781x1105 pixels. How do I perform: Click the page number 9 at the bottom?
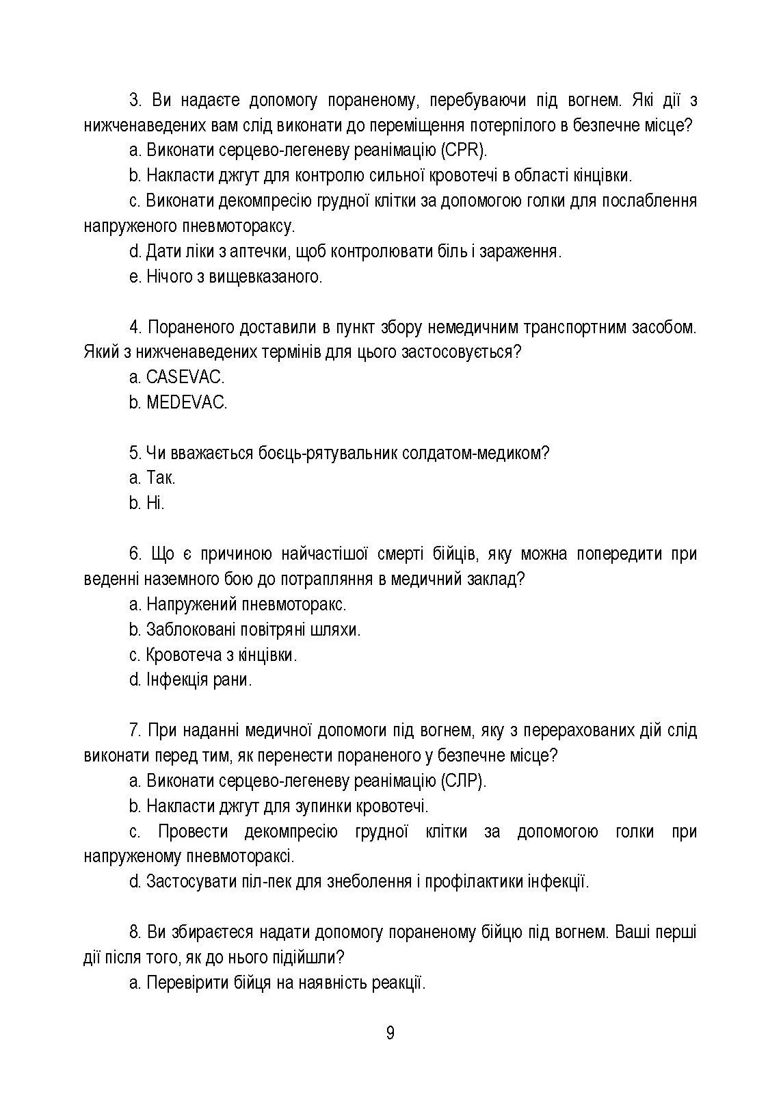coord(390,1033)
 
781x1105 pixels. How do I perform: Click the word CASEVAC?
coord(185,377)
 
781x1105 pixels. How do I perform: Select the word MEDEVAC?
coord(187,402)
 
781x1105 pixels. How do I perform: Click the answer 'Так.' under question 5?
coord(161,478)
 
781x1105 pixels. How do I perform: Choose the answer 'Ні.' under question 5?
coord(155,503)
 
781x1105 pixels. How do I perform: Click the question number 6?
coord(135,554)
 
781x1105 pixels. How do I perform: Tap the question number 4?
coord(135,327)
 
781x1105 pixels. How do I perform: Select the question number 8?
coord(135,932)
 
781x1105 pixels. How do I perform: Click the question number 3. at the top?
coord(135,101)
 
